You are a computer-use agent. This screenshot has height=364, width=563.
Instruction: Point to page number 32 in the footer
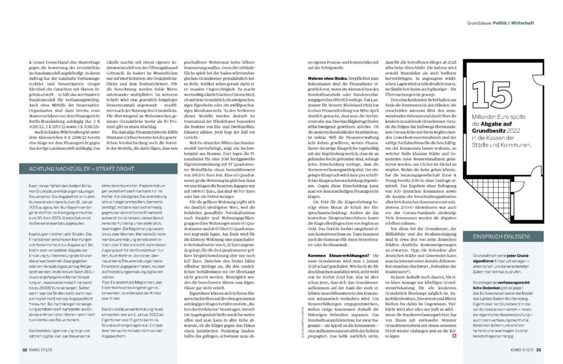pyautogui.click(x=25, y=349)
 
